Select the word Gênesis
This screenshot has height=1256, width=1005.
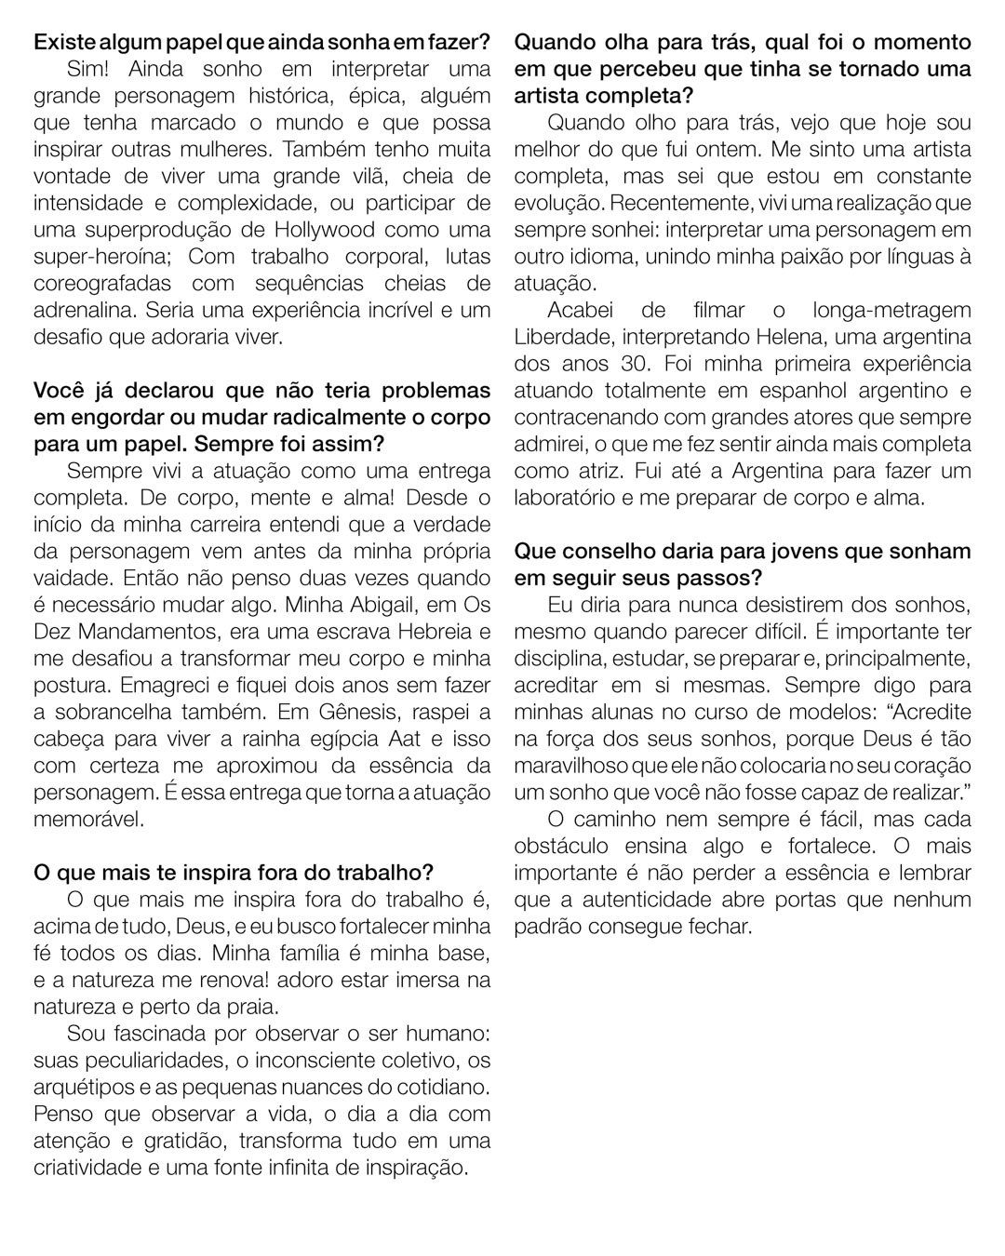(x=376, y=713)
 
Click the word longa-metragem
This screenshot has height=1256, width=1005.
(x=891, y=310)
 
